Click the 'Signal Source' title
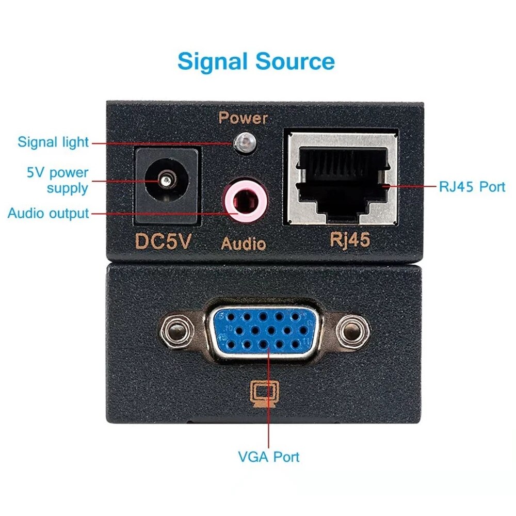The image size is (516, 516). [256, 61]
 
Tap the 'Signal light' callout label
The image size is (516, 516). [53, 142]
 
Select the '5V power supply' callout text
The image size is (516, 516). [57, 180]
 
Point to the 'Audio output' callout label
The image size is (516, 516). [48, 213]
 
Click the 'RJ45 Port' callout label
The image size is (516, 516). [472, 186]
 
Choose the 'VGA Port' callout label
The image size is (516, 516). [268, 457]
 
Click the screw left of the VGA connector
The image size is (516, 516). [177, 329]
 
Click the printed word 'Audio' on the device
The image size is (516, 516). [244, 243]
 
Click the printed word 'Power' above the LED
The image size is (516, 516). [243, 118]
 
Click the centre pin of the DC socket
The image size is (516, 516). [165, 181]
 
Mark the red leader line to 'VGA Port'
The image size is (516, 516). [269, 413]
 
